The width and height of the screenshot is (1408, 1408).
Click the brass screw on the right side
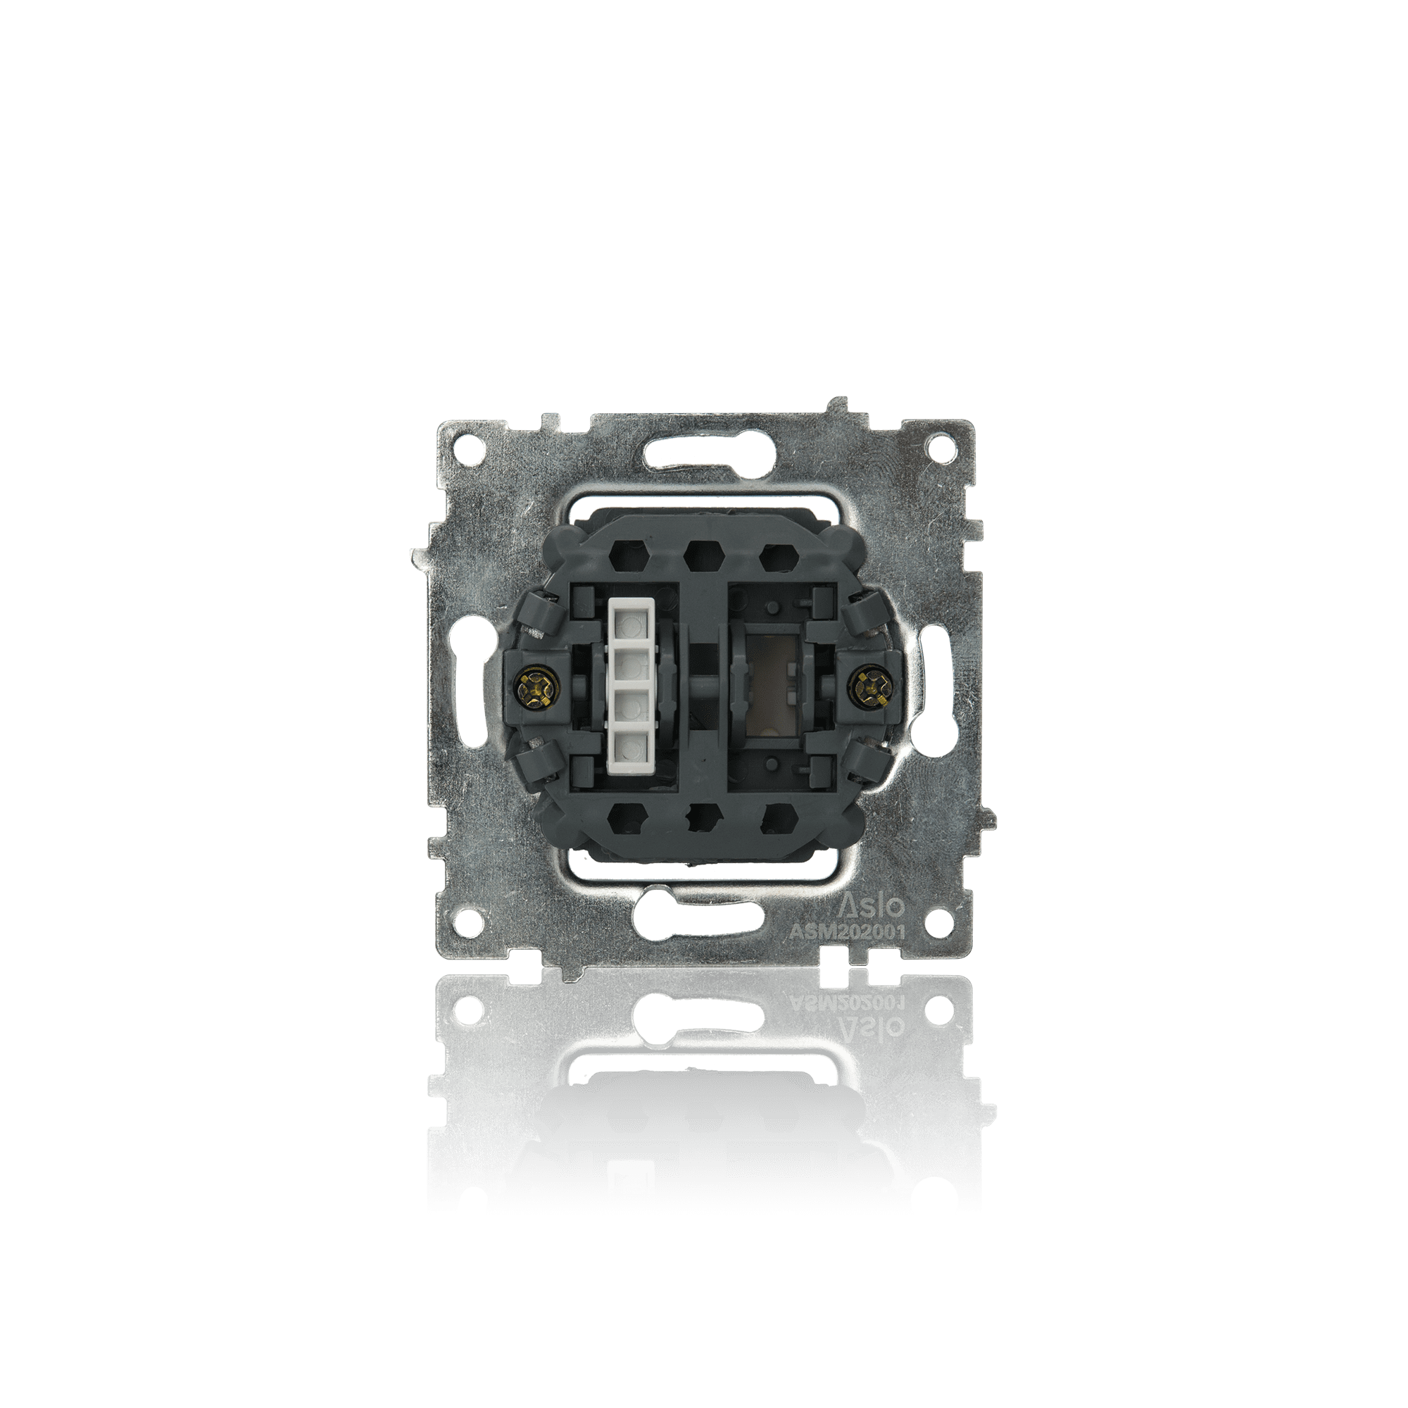pos(870,689)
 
